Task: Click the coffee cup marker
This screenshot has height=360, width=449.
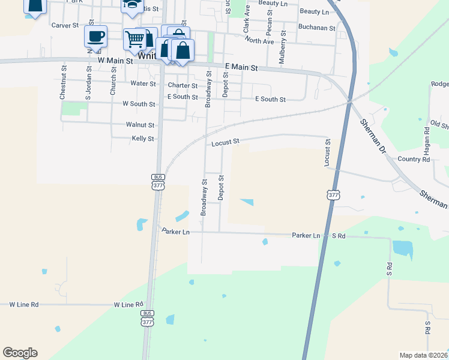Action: [x=96, y=37]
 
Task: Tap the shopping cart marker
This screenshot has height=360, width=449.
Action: [x=134, y=40]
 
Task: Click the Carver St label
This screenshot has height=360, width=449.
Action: [x=65, y=25]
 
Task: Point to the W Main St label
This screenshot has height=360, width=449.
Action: [x=116, y=61]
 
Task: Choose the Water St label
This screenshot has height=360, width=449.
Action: [x=143, y=84]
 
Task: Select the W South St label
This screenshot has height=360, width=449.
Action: [x=139, y=104]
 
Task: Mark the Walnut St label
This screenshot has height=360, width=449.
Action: [x=140, y=125]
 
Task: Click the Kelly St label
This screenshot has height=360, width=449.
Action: [x=143, y=139]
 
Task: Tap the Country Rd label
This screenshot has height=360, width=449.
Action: [x=414, y=159]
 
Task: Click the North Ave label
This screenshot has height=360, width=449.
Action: [x=259, y=40]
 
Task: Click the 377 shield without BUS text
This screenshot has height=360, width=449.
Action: [x=334, y=195]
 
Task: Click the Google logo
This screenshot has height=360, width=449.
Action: [x=20, y=353]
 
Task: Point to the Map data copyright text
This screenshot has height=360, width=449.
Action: [x=423, y=355]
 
